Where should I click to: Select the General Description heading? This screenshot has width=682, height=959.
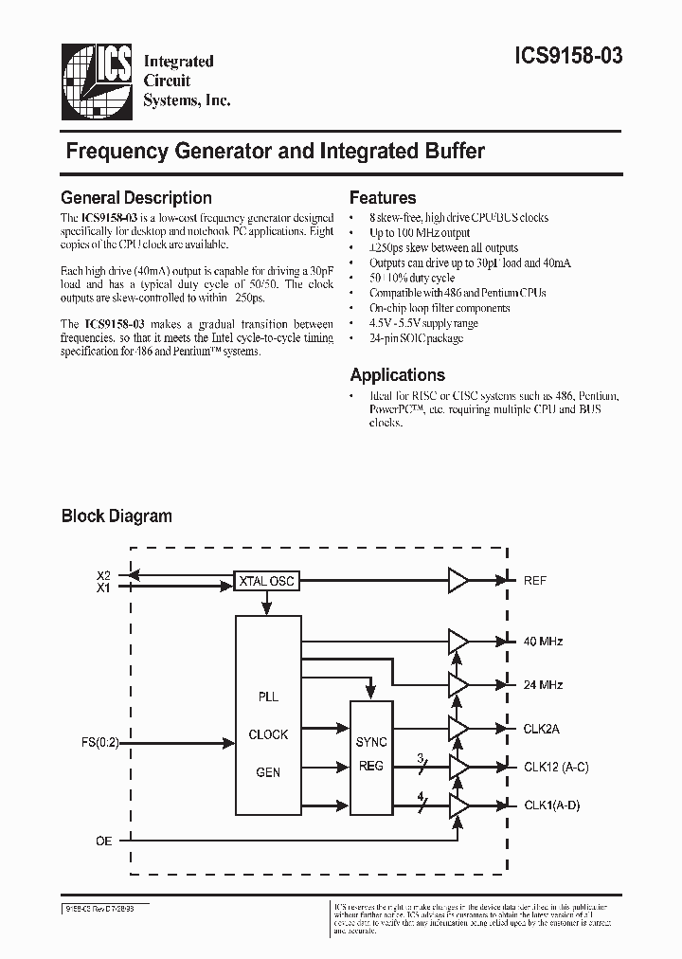(x=136, y=198)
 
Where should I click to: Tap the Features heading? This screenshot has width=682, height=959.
(x=383, y=198)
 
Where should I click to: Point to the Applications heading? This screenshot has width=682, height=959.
(x=397, y=374)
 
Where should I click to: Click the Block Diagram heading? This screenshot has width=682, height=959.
(x=117, y=516)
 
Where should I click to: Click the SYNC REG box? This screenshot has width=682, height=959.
(x=371, y=753)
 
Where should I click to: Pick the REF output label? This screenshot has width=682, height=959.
(x=535, y=580)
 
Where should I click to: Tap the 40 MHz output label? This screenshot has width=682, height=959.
(x=543, y=642)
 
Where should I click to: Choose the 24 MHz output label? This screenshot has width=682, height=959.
(x=543, y=684)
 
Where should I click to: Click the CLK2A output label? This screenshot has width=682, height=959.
(x=542, y=729)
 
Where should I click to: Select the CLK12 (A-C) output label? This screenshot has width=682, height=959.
(x=556, y=767)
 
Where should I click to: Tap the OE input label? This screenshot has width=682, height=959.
(x=104, y=840)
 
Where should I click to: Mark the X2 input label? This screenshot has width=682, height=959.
(x=104, y=574)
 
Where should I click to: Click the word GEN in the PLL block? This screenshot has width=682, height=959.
(x=268, y=772)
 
